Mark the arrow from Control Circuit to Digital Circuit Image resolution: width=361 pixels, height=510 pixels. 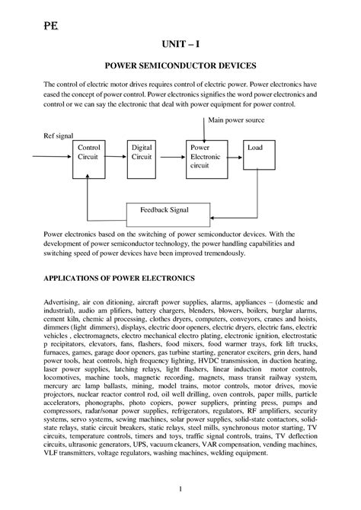point(120,152)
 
